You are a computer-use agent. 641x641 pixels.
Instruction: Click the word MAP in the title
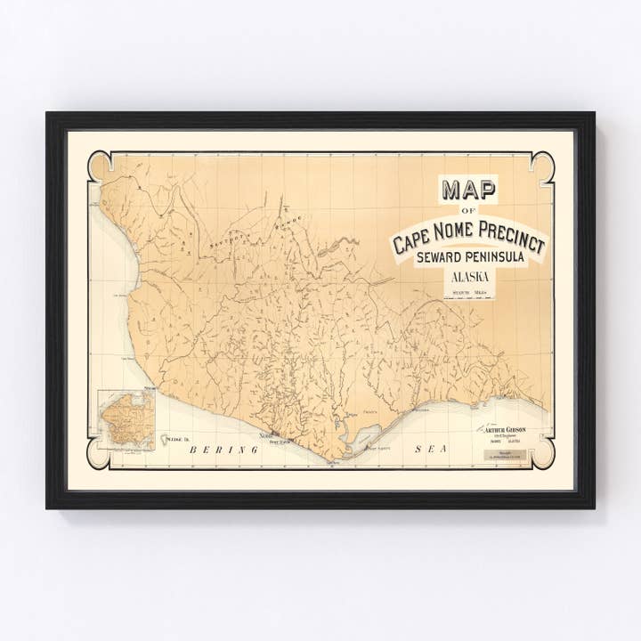tap(468, 190)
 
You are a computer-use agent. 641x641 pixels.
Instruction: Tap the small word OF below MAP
tap(468, 211)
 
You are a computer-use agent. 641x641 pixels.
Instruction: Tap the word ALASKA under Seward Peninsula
tap(469, 277)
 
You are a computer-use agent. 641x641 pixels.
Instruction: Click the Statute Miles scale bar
tap(469, 295)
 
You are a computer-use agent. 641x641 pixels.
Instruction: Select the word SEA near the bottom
tap(430, 450)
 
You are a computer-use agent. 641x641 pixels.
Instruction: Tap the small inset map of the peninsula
tap(126, 419)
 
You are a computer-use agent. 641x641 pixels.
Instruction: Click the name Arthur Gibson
tap(506, 429)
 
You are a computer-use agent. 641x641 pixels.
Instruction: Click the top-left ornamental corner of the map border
tap(100, 166)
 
